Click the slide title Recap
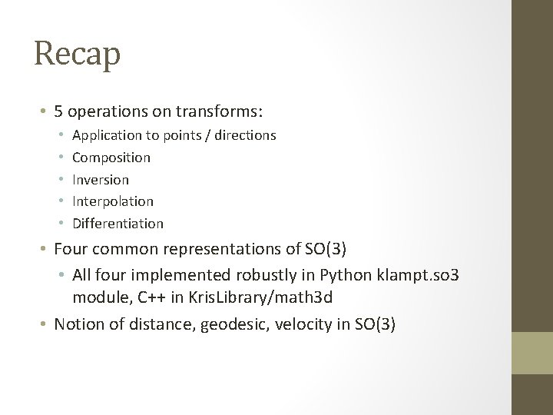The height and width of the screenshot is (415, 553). tap(78, 55)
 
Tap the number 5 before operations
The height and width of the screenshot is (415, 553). tap(58, 111)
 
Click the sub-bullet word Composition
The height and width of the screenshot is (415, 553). tap(111, 158)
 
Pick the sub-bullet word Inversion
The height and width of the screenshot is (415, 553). tap(101, 179)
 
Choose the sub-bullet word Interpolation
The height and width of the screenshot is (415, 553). tap(113, 201)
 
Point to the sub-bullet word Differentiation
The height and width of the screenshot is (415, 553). tap(118, 224)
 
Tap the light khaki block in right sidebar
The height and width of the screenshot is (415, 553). tap(532, 354)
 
